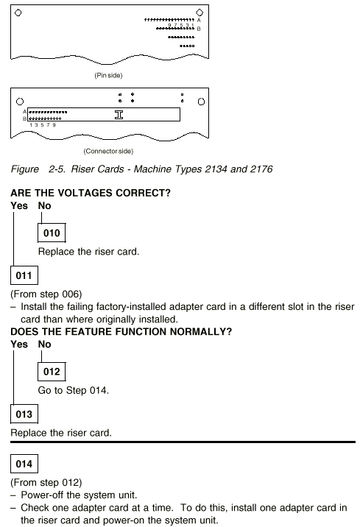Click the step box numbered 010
point(52,233)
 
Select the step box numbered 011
point(24,275)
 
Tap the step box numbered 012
point(52,372)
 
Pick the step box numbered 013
point(24,414)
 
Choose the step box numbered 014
point(24,464)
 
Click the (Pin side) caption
point(108,75)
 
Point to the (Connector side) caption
point(108,151)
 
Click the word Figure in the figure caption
point(24,169)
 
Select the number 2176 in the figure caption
point(261,169)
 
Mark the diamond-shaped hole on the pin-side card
point(200,13)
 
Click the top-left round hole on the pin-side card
point(18,13)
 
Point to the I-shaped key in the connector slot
point(119,115)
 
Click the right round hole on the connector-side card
point(201,102)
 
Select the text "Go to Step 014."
point(74,391)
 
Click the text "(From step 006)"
point(46,294)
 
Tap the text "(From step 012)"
point(46,483)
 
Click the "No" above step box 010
point(44,205)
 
